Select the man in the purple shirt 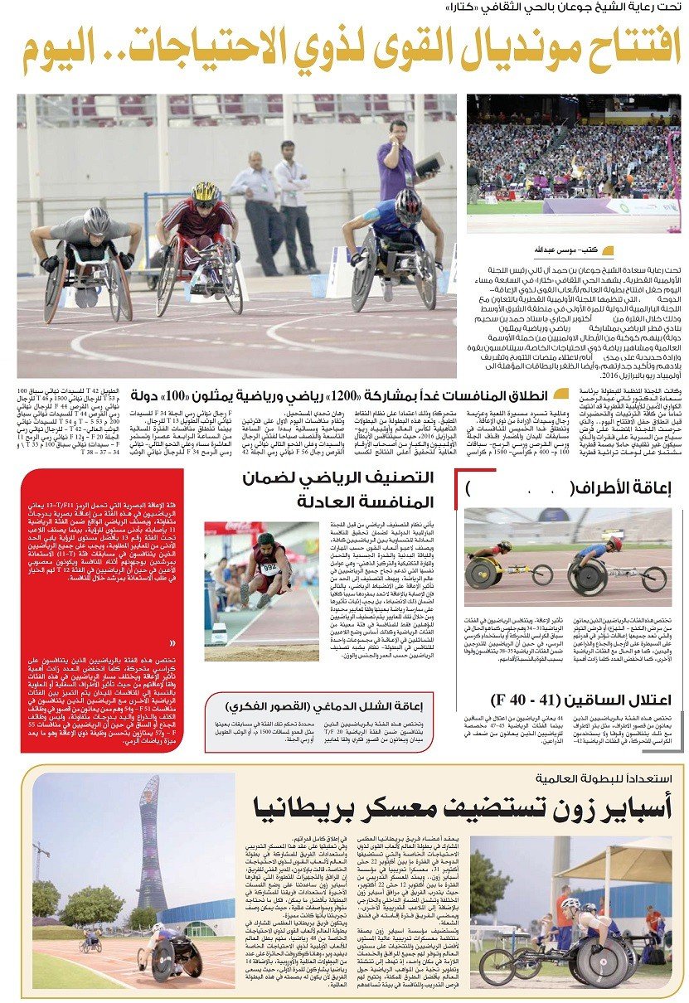click(397, 157)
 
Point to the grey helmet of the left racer click(96, 220)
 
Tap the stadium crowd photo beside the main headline click(573, 164)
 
